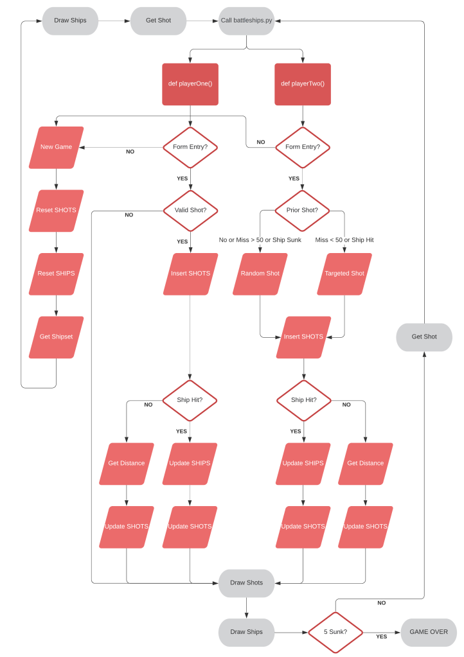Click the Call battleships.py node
[246, 21]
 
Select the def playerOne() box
[190, 83]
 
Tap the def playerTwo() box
[303, 83]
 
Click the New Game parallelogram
[56, 147]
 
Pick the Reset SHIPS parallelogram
[56, 274]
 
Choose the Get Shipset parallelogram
[56, 337]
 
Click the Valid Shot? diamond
[190, 210]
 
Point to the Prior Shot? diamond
[302, 210]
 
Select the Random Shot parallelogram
[260, 274]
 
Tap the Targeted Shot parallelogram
[344, 274]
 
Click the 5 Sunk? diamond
[335, 632]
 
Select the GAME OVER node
[429, 632]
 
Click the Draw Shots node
[246, 583]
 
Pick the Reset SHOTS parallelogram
[56, 210]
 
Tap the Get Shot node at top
[158, 21]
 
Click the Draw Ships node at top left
[70, 21]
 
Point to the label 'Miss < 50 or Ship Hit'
[344, 240]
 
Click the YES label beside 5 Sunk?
[381, 636]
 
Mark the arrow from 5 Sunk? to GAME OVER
[382, 632]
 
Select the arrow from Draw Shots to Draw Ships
[246, 608]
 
